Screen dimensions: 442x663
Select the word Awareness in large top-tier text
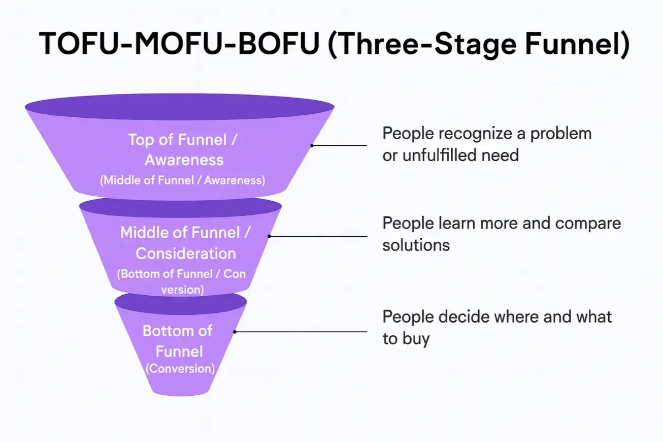(x=184, y=160)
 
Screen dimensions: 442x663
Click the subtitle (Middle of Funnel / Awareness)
(x=183, y=180)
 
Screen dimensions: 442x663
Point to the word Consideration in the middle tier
(x=186, y=253)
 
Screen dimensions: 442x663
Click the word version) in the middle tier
(x=182, y=290)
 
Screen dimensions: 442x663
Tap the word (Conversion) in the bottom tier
(x=180, y=369)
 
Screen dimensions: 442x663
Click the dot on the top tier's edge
(x=312, y=145)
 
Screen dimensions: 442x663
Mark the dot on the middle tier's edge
(x=269, y=236)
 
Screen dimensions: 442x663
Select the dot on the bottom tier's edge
(x=235, y=332)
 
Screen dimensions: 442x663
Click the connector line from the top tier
(x=340, y=145)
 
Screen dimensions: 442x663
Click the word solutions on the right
(x=416, y=245)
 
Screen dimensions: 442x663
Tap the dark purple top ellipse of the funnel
(x=179, y=107)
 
